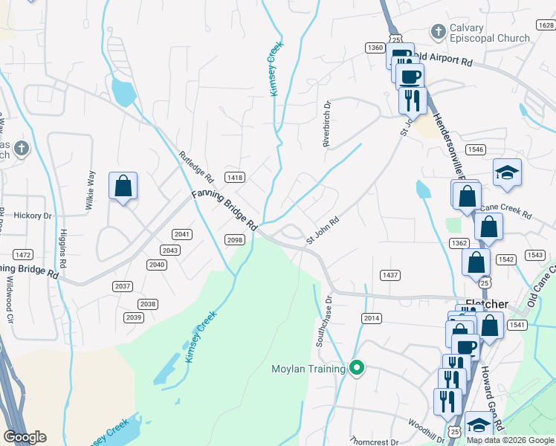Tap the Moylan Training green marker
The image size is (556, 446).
pyautogui.click(x=357, y=368)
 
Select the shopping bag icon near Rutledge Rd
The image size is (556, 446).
pyautogui.click(x=123, y=187)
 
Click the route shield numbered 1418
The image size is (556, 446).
pyautogui.click(x=236, y=177)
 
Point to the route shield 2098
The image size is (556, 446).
pyautogui.click(x=235, y=239)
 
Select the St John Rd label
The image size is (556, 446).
pyautogui.click(x=323, y=231)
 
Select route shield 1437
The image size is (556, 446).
pyautogui.click(x=390, y=275)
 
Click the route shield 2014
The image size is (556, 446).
pyautogui.click(x=372, y=318)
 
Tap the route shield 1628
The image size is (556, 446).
pyautogui.click(x=545, y=25)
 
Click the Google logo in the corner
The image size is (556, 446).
pyautogui.click(x=25, y=437)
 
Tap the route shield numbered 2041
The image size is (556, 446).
pyautogui.click(x=183, y=234)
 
